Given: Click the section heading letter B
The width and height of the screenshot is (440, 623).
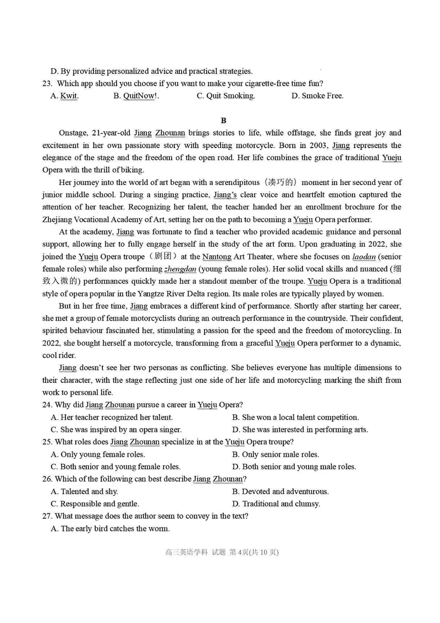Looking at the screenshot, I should point(223,120).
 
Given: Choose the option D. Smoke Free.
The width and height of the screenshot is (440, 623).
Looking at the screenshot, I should point(317,96).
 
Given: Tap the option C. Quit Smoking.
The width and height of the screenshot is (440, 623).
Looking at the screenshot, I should point(226,96).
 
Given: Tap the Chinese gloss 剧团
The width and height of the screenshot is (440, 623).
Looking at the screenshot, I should point(164,257).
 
